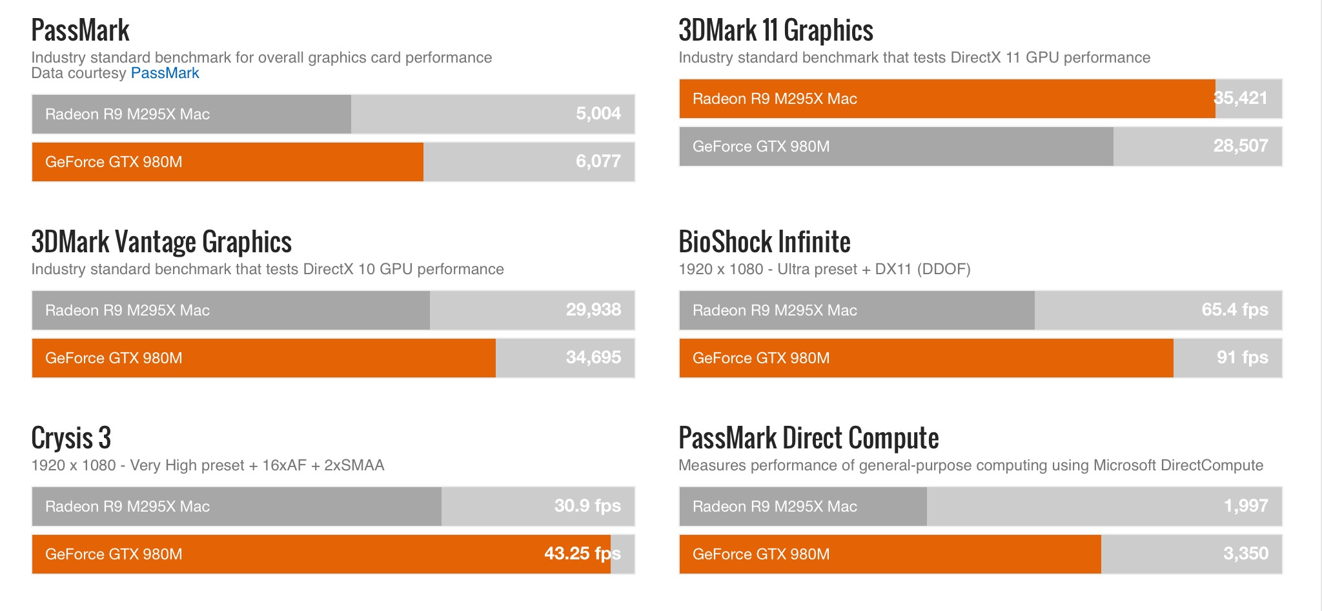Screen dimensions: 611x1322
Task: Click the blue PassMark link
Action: click(165, 73)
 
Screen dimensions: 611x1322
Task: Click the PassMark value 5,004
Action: click(598, 114)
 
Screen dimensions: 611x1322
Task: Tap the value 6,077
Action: click(598, 161)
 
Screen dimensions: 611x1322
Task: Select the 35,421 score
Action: click(1240, 98)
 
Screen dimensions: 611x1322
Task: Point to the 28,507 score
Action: click(1240, 146)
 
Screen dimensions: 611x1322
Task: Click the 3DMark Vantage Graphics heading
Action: click(161, 242)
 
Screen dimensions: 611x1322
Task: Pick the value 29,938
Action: click(593, 310)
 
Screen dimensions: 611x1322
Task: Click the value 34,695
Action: click(593, 357)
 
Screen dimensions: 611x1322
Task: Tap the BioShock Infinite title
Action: click(764, 242)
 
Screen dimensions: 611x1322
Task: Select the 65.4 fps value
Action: click(1234, 310)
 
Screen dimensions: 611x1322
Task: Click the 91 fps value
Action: click(1242, 357)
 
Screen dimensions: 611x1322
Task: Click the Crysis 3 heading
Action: click(71, 438)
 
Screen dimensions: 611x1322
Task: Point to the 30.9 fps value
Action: click(587, 506)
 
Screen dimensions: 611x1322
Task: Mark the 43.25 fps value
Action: click(582, 554)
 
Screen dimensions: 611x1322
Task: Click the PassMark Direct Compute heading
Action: click(808, 438)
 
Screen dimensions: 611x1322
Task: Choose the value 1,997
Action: click(1246, 506)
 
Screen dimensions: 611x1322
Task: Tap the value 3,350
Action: click(1246, 554)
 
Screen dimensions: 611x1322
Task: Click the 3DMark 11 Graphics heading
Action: click(775, 30)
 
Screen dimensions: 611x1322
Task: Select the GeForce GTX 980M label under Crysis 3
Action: click(114, 554)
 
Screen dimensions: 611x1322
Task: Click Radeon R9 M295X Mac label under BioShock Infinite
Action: click(775, 310)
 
